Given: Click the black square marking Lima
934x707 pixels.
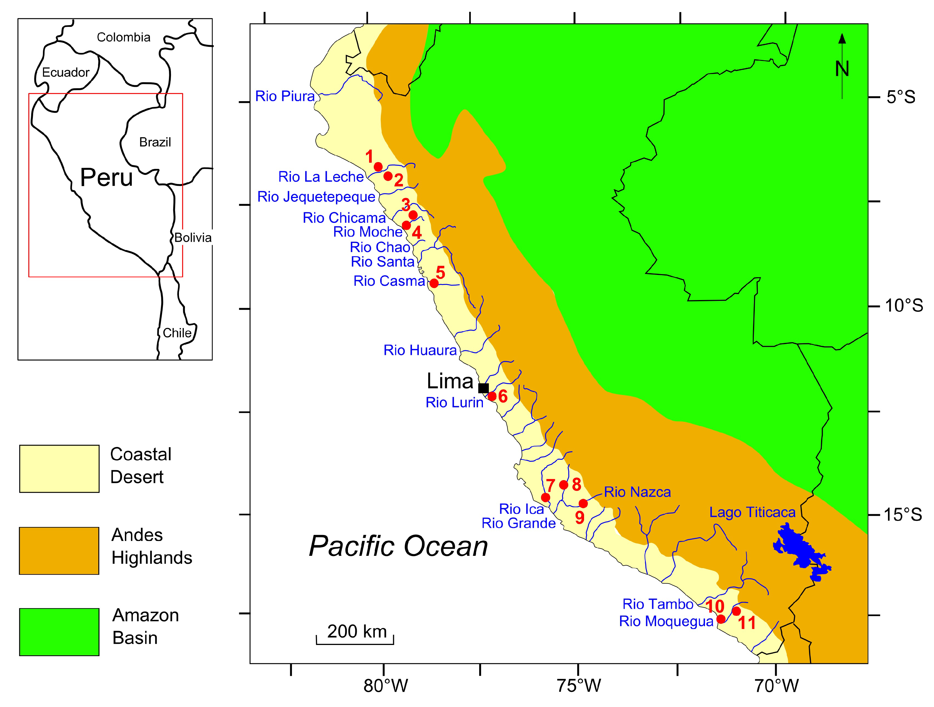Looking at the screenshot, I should (x=483, y=388).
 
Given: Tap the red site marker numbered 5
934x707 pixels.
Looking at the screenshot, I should (x=434, y=283).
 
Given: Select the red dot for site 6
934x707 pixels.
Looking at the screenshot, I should (x=492, y=396).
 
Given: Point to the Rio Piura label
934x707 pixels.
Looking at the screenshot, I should (x=285, y=96).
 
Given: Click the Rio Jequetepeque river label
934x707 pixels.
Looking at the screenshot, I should (x=316, y=197).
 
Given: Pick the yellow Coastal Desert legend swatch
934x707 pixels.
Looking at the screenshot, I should (x=59, y=468).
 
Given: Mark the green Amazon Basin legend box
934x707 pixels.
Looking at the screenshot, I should (x=59, y=632).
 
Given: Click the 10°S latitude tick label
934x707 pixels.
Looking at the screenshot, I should (x=904, y=305).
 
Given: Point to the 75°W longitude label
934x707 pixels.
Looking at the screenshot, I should (x=578, y=686).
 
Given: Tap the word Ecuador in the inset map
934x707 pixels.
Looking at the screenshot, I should (x=65, y=73).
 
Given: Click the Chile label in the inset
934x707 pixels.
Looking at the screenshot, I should (x=177, y=333).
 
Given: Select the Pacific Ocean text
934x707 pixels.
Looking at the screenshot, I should (x=398, y=546).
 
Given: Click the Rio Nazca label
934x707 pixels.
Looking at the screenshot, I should (x=637, y=492).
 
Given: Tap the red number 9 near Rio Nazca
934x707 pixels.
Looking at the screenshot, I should (x=580, y=518).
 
